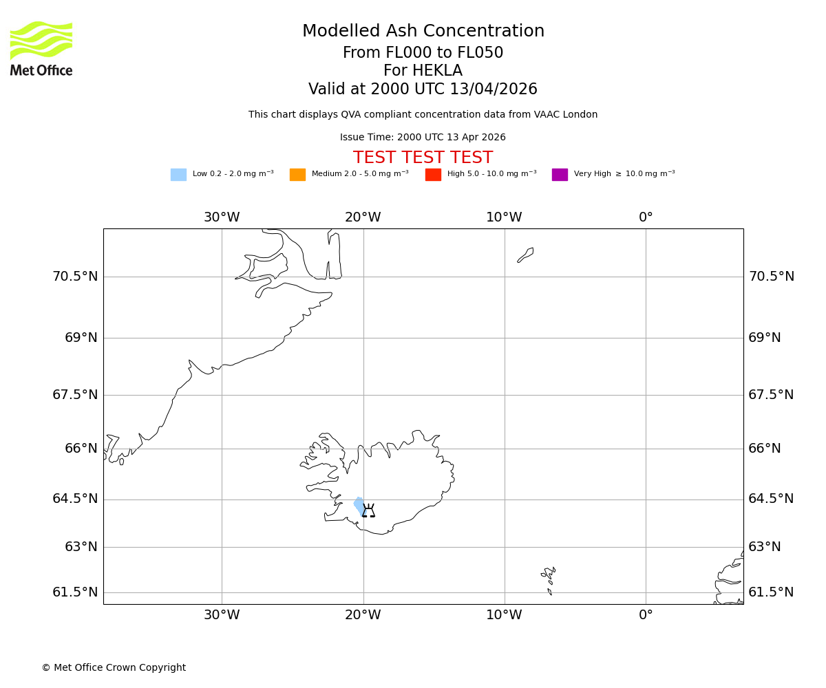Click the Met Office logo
click(41, 48)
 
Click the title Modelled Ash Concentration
click(423, 32)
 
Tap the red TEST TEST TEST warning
click(423, 158)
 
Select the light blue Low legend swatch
click(178, 175)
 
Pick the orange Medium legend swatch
click(297, 175)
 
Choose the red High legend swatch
click(433, 175)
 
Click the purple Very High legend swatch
click(560, 175)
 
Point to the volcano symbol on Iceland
click(369, 510)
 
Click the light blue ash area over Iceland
click(359, 506)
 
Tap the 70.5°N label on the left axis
click(75, 277)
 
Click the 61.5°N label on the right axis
click(771, 592)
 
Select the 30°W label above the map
click(222, 217)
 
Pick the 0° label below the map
click(646, 615)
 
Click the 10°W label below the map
click(504, 615)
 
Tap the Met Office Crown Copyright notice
click(114, 668)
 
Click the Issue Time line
click(423, 138)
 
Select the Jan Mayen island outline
click(525, 255)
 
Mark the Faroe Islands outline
click(549, 577)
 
